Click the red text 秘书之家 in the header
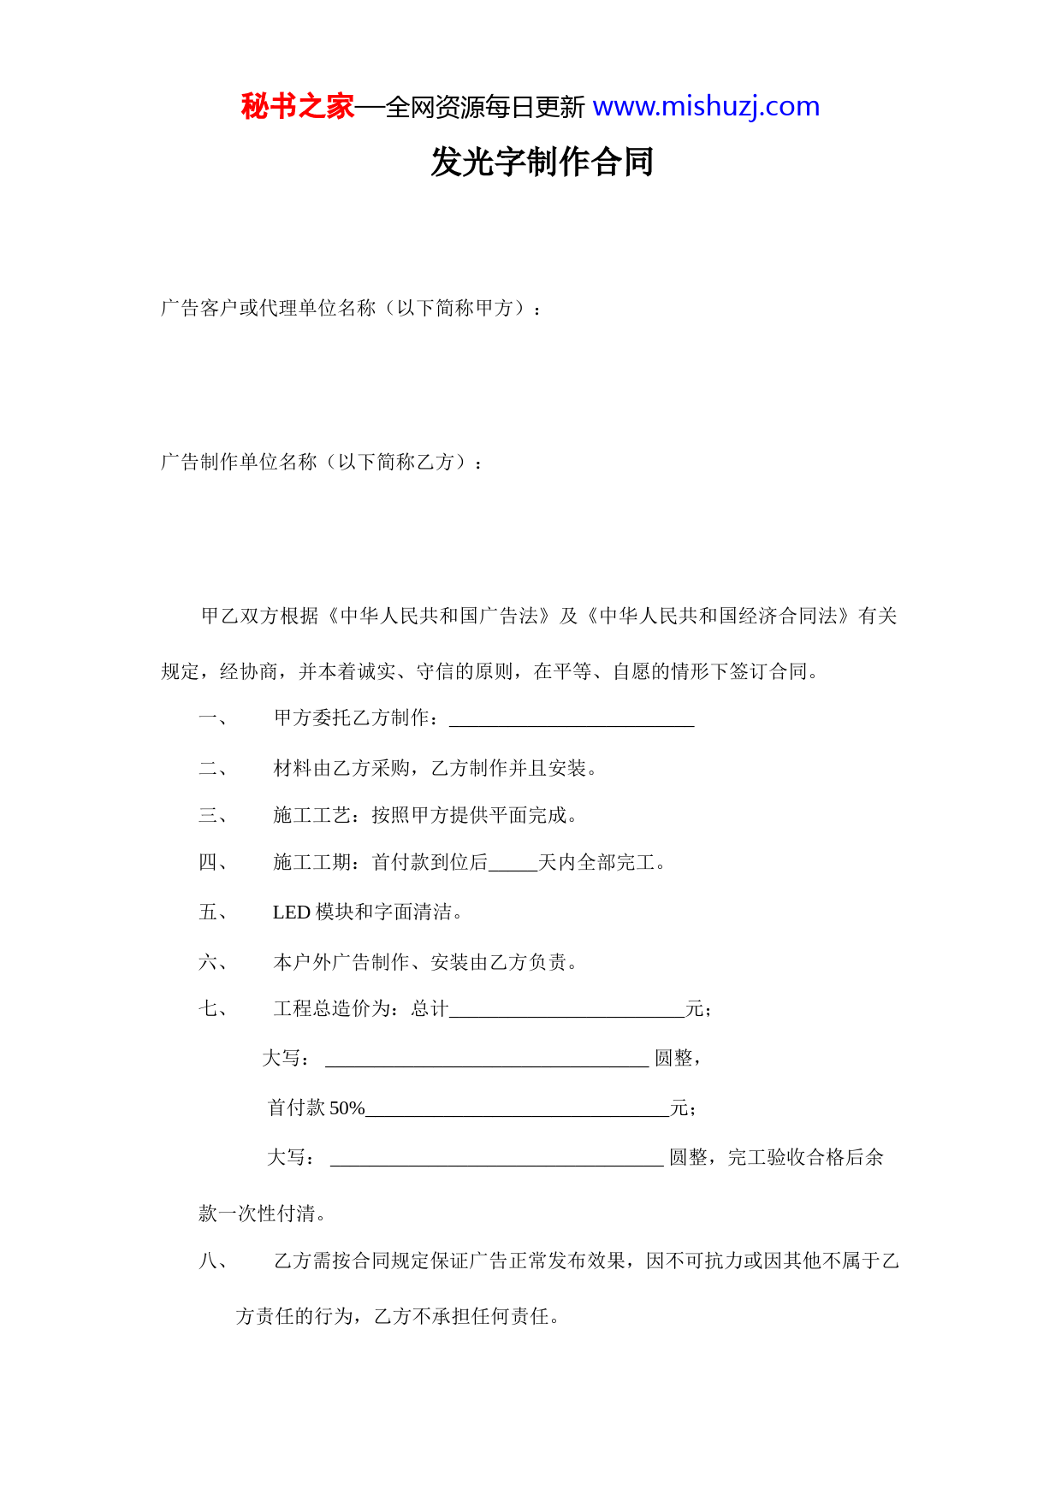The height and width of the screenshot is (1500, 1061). coord(297,107)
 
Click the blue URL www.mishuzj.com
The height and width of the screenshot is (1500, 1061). coord(706,107)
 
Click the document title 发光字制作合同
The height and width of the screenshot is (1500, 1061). coord(542,162)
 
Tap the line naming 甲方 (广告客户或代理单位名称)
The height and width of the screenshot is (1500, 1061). coord(351,308)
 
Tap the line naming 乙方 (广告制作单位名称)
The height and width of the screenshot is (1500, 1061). coord(322,462)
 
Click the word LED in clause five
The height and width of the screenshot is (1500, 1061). coord(291,912)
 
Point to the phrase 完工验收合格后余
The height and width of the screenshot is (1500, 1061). coord(805,1158)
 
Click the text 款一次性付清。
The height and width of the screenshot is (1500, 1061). coord(262,1214)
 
